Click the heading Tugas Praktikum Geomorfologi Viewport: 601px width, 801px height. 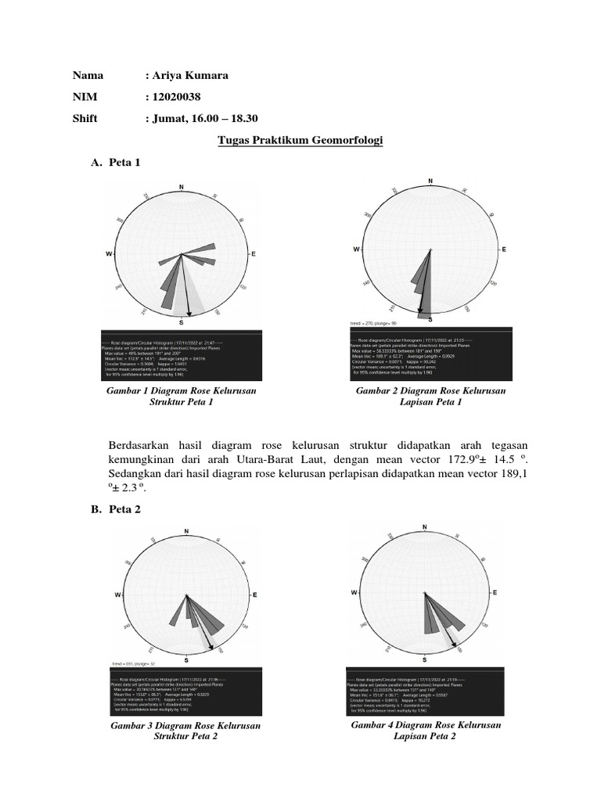[x=299, y=140]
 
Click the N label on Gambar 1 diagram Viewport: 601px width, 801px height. [x=182, y=187]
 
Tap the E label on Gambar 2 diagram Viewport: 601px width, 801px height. [x=504, y=249]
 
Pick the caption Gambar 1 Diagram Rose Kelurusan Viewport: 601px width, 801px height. [x=182, y=390]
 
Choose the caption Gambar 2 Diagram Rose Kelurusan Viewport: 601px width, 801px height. [x=430, y=390]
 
